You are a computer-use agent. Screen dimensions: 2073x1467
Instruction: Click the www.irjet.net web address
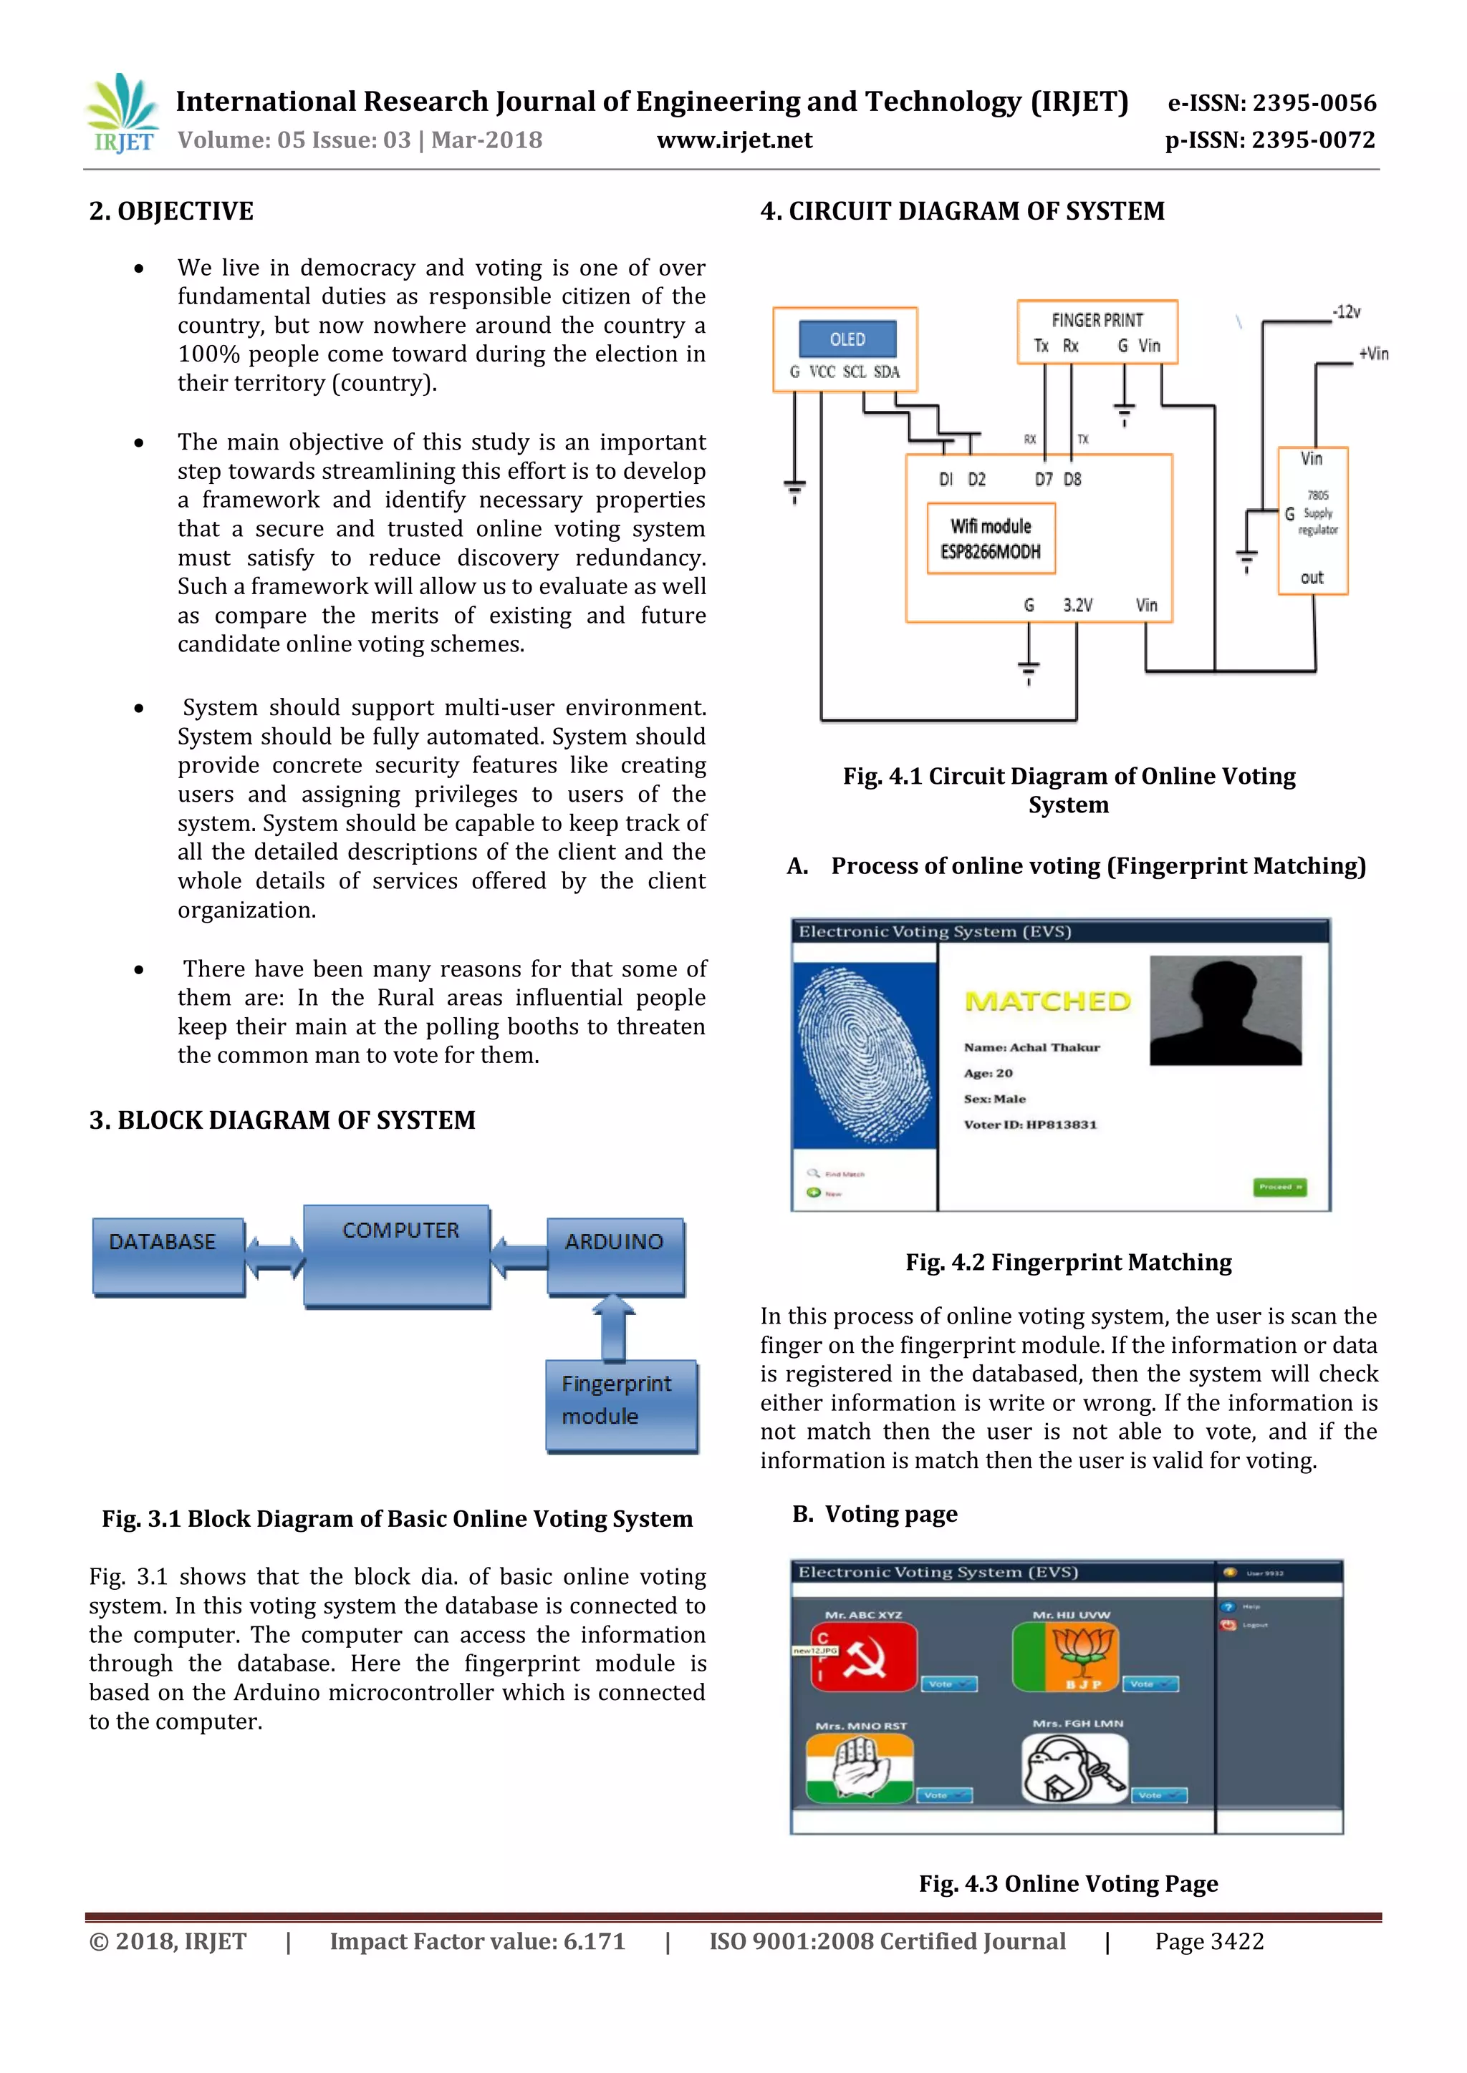tap(733, 140)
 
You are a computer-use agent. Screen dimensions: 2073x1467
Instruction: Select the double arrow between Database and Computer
tap(274, 1257)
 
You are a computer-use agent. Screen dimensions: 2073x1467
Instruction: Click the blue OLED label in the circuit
tap(847, 339)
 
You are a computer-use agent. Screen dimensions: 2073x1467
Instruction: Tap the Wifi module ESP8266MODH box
tap(991, 539)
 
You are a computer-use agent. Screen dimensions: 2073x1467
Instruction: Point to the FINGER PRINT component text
tap(1097, 321)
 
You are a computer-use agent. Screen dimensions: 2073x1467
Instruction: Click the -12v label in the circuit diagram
tap(1346, 312)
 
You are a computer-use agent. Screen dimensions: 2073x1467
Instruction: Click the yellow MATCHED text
tap(1048, 1001)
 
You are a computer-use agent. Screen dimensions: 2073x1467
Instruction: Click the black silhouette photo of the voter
tap(1225, 1011)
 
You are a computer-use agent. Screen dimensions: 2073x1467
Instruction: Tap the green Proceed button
tap(1280, 1186)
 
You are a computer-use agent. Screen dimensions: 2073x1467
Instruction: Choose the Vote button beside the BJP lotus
tap(1150, 1684)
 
